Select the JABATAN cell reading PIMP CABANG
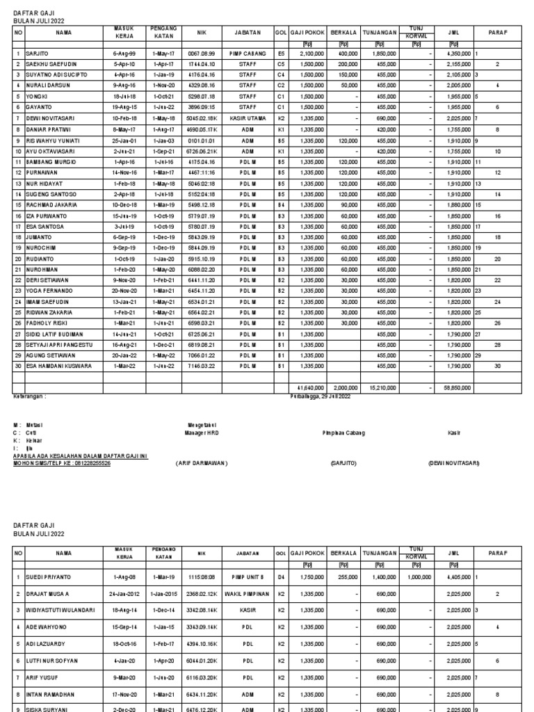pos(248,53)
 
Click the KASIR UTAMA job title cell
pos(248,118)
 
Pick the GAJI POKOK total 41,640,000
pos(307,388)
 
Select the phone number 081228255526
pos(89,462)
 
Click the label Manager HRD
pos(202,432)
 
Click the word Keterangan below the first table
pos(30,396)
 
